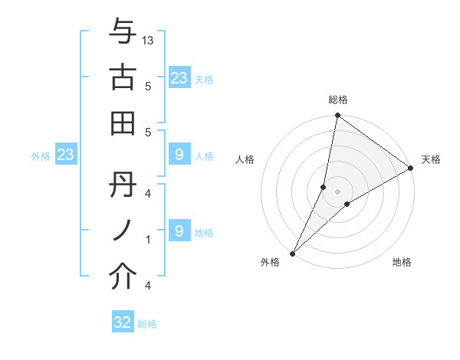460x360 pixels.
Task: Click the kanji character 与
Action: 123,33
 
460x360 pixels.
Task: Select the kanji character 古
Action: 123,77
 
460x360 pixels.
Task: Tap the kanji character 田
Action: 123,122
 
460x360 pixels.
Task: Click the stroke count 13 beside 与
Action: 149,41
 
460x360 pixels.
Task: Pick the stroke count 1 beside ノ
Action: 148,240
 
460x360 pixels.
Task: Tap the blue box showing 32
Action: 123,322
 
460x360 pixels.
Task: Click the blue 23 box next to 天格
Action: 179,78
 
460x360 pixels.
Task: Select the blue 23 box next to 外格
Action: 65,155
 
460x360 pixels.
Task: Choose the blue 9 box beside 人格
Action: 179,155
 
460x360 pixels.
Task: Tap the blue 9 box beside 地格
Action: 179,231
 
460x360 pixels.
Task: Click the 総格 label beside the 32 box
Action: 147,324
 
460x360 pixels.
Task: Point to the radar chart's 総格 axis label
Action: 338,100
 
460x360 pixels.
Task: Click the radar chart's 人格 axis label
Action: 245,159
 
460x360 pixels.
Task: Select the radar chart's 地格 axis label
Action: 402,263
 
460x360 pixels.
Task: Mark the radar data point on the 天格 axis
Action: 411,169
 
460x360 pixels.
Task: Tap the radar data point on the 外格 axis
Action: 292,254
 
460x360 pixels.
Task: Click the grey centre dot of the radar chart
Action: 338,191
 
